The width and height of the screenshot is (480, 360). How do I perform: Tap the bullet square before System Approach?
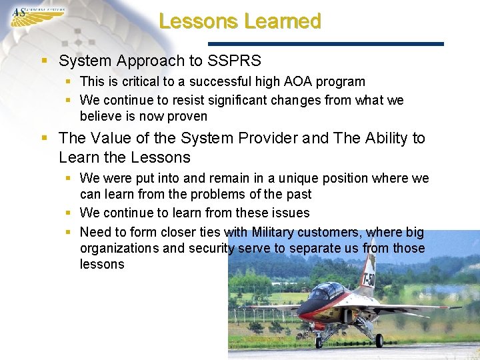(45, 61)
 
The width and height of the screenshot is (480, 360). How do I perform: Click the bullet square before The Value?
(45, 139)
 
